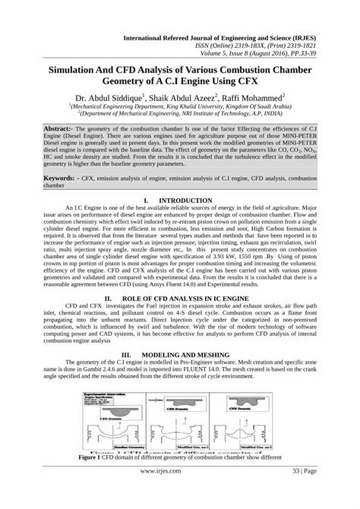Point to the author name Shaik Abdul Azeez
point(179,98)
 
